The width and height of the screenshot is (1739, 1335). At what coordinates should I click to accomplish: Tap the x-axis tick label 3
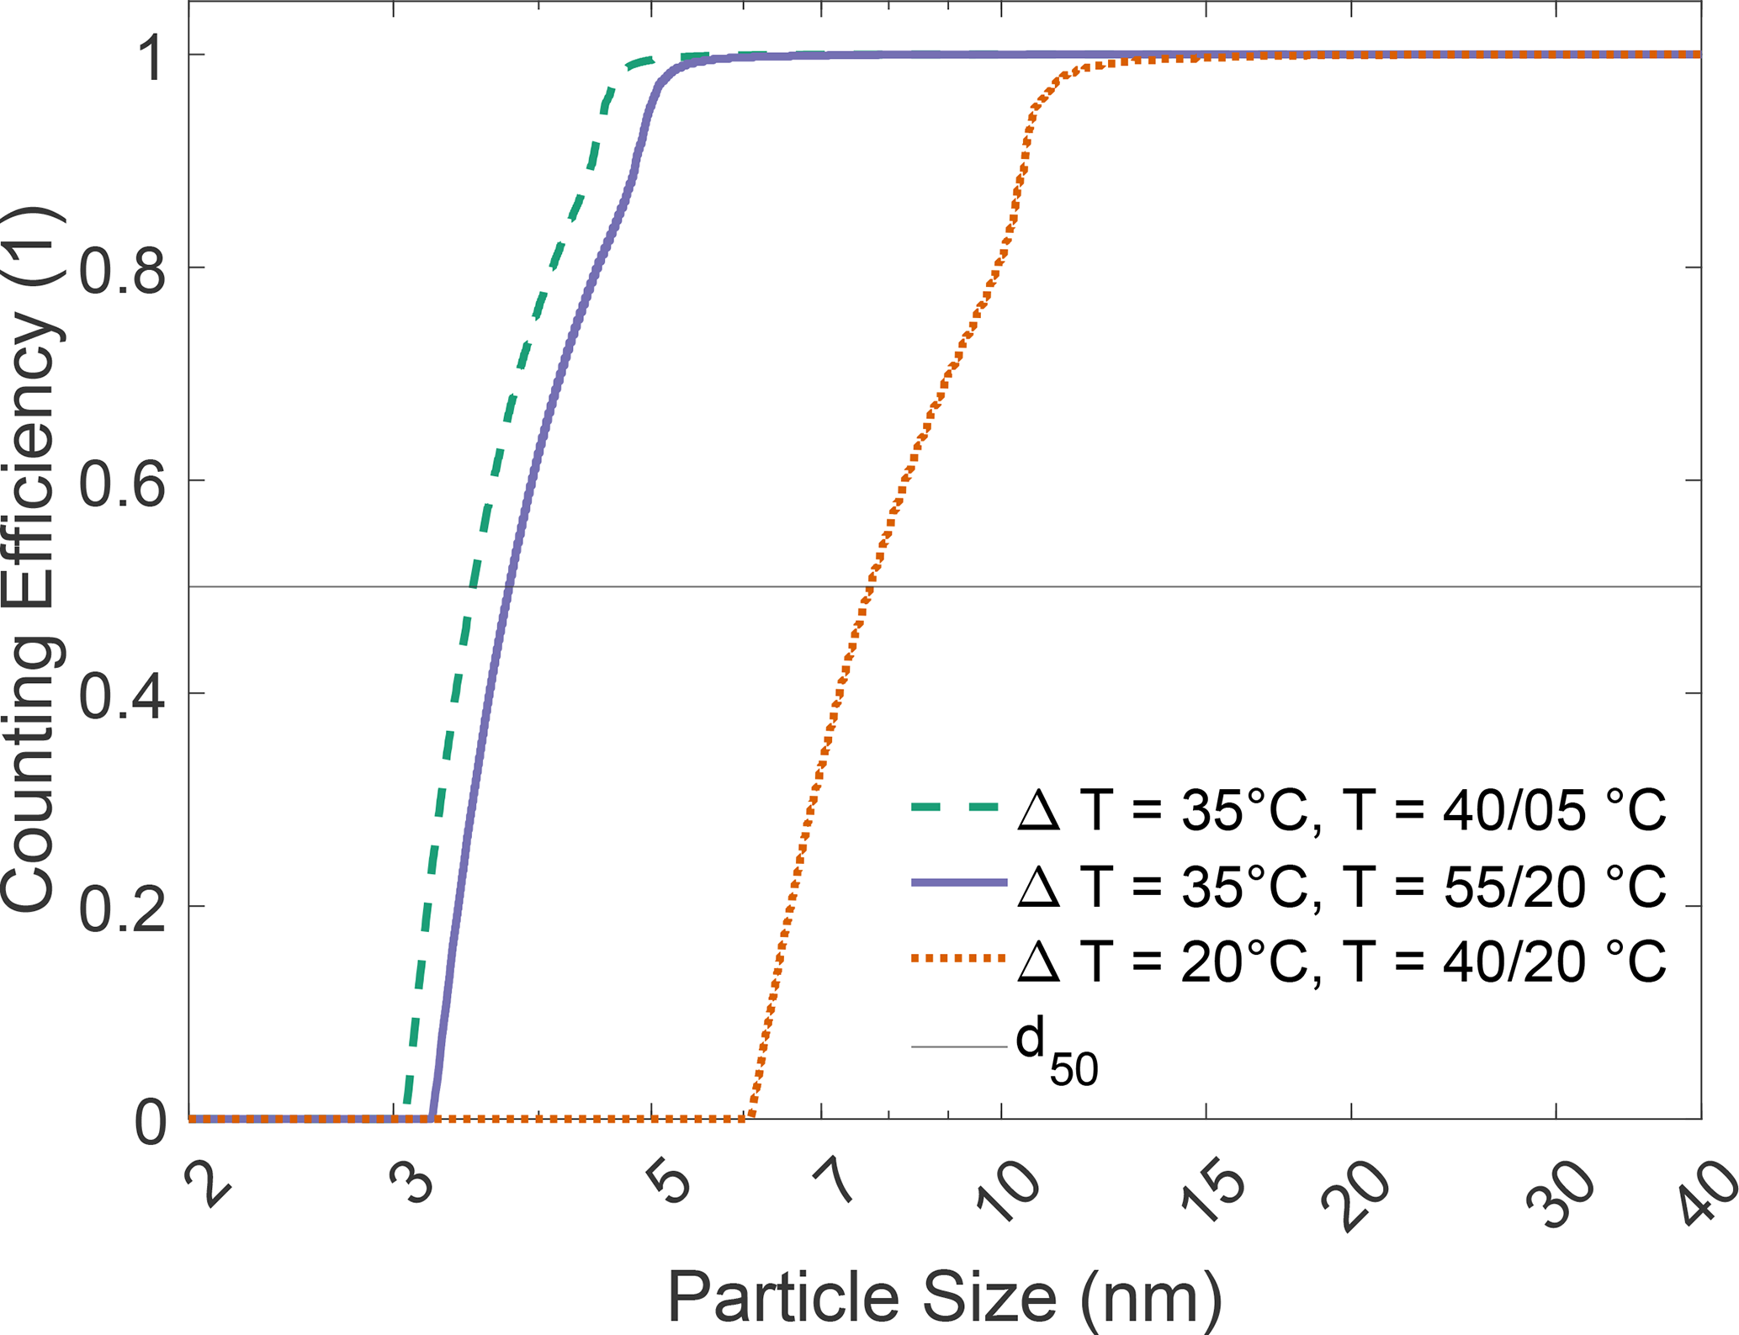(413, 1182)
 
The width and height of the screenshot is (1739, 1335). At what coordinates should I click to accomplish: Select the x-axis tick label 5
(671, 1182)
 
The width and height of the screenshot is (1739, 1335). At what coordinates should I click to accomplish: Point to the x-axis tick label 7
(836, 1182)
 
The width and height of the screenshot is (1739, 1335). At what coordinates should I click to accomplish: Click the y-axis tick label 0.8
(121, 268)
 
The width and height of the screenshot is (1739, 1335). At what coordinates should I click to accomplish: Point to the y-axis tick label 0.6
(121, 481)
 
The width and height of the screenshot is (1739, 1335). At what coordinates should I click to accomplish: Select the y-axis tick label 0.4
(121, 694)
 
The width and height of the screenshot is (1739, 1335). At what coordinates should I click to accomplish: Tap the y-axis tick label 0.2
(121, 907)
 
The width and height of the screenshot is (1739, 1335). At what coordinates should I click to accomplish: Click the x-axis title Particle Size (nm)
(944, 1296)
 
